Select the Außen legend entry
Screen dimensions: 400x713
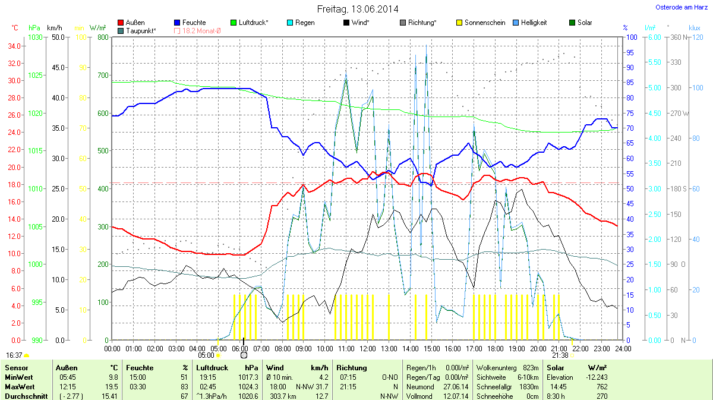pyautogui.click(x=135, y=23)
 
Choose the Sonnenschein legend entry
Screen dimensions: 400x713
pyautogui.click(x=485, y=23)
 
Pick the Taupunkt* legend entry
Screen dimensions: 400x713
pyautogui.click(x=141, y=30)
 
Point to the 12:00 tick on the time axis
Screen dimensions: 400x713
pyautogui.click(x=368, y=348)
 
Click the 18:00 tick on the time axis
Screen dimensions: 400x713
pyautogui.click(x=496, y=348)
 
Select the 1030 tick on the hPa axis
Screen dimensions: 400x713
pyautogui.click(x=36, y=37)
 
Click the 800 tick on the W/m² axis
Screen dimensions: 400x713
pyautogui.click(x=102, y=37)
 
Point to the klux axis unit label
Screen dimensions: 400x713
pyautogui.click(x=694, y=28)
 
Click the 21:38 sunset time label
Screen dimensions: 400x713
pyautogui.click(x=560, y=355)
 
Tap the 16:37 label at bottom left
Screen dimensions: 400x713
pyautogui.click(x=14, y=355)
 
